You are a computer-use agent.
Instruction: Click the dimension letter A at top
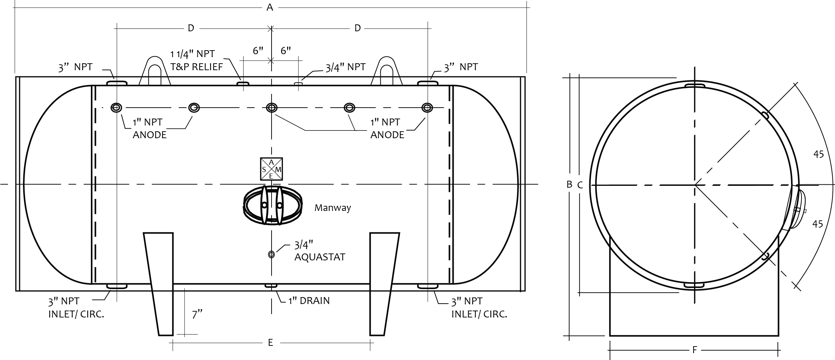(x=269, y=7)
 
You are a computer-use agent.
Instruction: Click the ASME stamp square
(x=271, y=169)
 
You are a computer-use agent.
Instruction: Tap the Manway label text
(x=333, y=208)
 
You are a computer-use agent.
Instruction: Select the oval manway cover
(x=272, y=205)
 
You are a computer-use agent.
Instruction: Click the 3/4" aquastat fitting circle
(x=271, y=255)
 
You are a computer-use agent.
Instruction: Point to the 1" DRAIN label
(x=309, y=301)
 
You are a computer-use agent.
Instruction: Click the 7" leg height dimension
(x=197, y=314)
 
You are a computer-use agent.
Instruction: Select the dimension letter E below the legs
(x=270, y=343)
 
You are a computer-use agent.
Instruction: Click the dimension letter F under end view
(x=694, y=350)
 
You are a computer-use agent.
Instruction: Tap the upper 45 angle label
(x=819, y=154)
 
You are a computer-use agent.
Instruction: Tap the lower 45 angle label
(x=818, y=224)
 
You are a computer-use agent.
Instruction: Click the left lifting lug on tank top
(x=154, y=72)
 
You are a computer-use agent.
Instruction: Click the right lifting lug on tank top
(x=387, y=72)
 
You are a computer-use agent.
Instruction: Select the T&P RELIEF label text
(x=197, y=67)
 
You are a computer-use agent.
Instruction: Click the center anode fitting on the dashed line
(x=272, y=108)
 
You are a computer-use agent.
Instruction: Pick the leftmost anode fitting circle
(x=116, y=108)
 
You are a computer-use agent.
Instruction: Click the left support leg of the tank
(x=159, y=284)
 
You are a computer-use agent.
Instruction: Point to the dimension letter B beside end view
(x=570, y=184)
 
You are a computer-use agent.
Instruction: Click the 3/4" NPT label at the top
(x=345, y=67)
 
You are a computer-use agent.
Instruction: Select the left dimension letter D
(x=191, y=28)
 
